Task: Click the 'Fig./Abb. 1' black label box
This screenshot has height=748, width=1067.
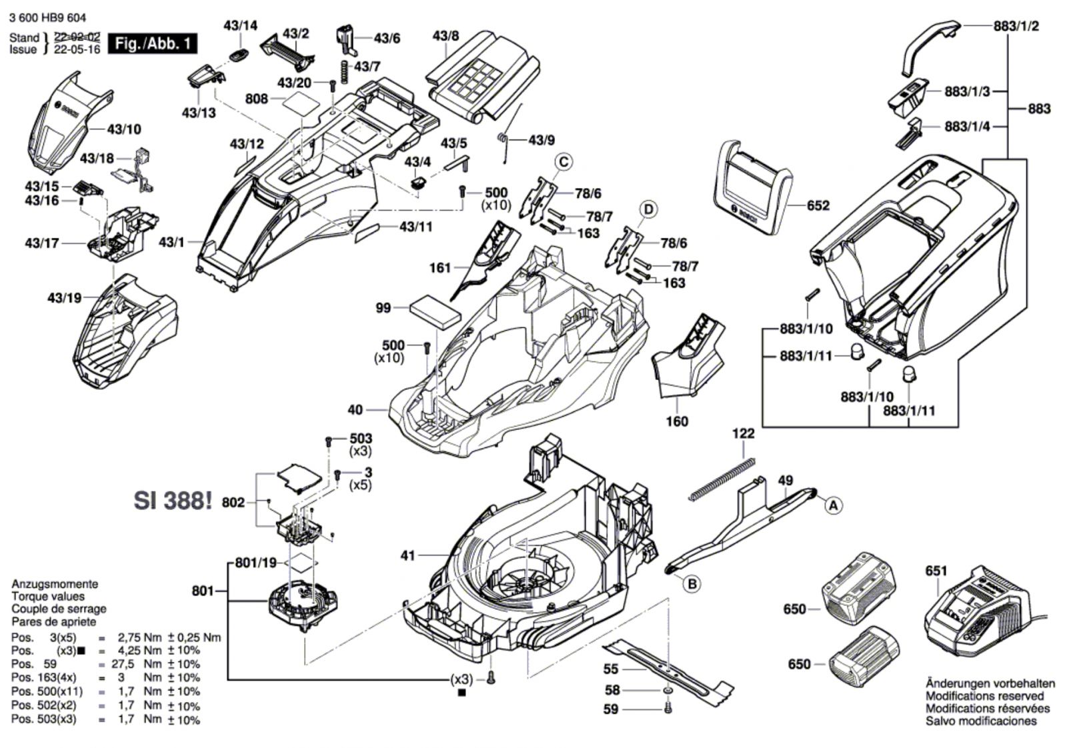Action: click(153, 44)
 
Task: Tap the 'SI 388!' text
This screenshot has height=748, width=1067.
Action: click(173, 501)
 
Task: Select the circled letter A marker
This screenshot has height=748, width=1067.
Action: click(832, 506)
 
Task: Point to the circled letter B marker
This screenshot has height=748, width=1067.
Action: click(692, 584)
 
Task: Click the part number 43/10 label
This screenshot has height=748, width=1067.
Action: click(124, 129)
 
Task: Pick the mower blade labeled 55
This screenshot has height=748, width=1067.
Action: click(667, 669)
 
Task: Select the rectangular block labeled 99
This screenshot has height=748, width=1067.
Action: click(435, 312)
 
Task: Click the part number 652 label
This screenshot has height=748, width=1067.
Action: click(818, 205)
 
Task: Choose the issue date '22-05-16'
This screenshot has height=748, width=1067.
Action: click(77, 49)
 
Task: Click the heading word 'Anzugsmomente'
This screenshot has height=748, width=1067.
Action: click(55, 583)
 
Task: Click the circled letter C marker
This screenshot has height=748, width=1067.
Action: click(564, 162)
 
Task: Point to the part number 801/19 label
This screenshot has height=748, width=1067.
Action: click(255, 563)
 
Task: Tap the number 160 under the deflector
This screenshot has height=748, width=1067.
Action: click(677, 421)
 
